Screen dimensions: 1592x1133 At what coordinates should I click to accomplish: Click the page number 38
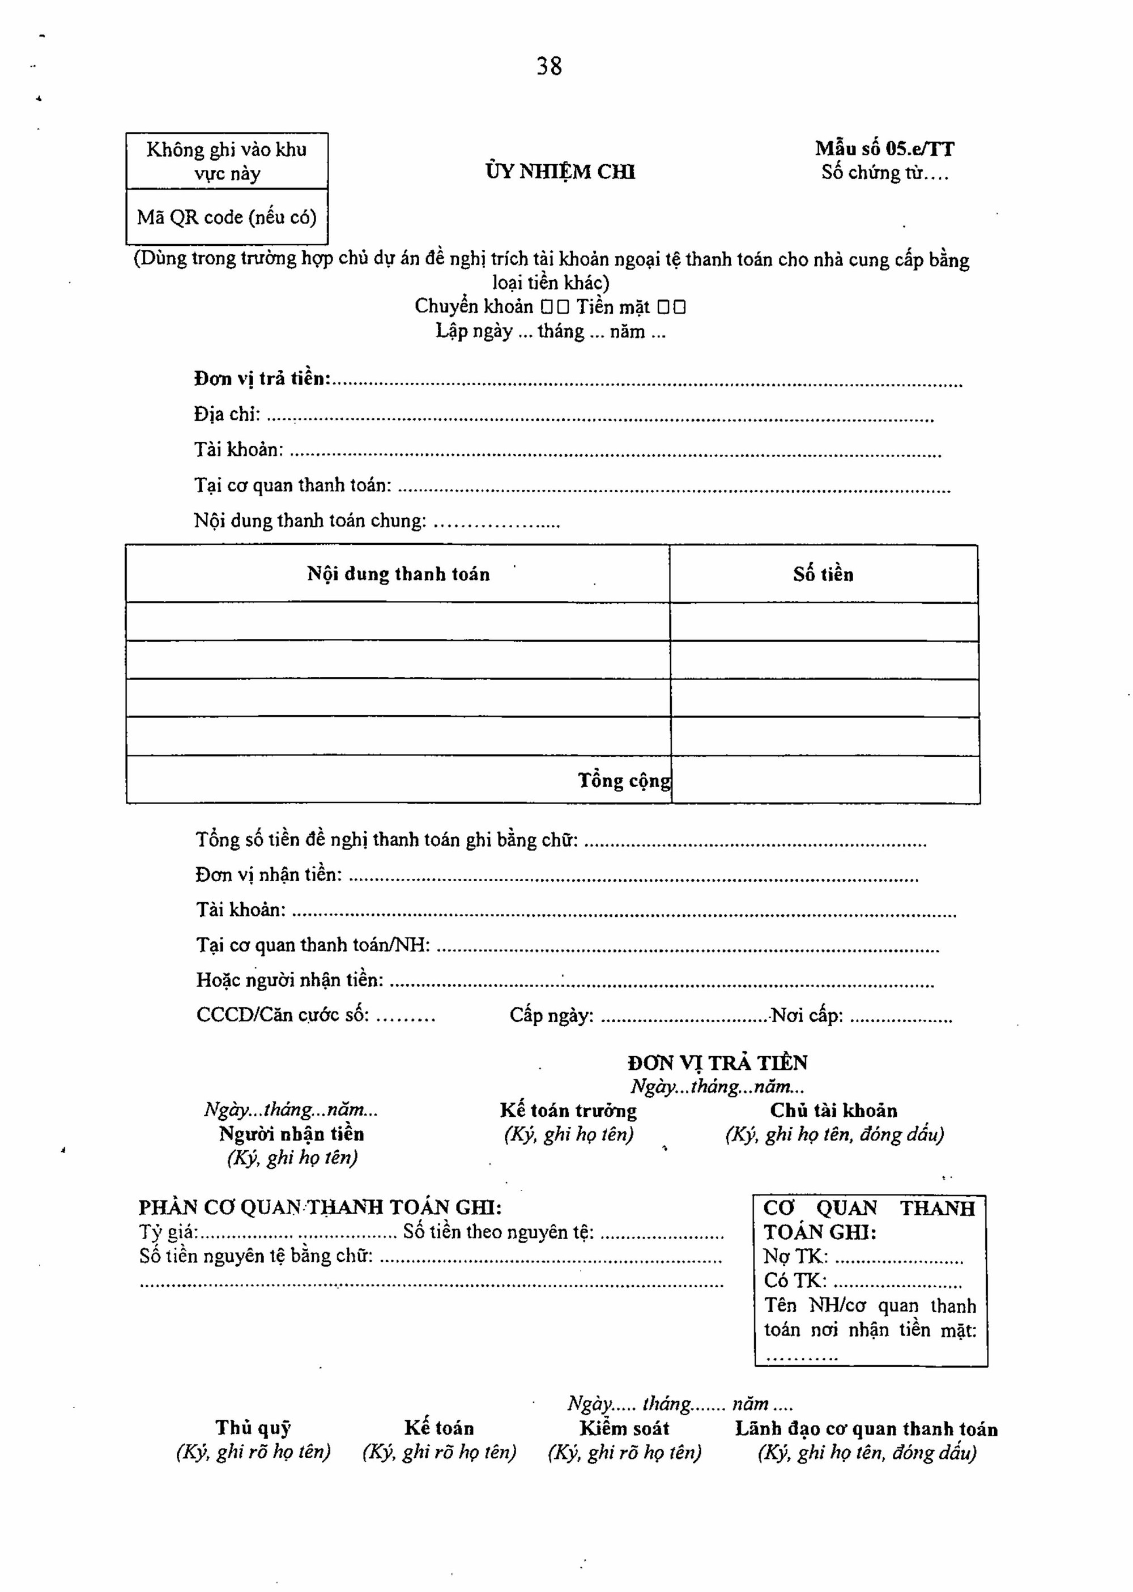[x=549, y=66]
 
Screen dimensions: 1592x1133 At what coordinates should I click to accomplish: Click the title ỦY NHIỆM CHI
[x=560, y=172]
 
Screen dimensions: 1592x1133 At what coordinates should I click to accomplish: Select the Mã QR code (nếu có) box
[x=227, y=217]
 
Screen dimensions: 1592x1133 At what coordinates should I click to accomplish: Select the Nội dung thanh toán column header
[x=398, y=574]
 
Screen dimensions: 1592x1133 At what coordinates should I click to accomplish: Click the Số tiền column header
[x=823, y=574]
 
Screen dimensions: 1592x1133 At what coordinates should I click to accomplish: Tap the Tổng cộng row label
[x=624, y=780]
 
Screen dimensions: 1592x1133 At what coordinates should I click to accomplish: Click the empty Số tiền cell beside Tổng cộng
[x=825, y=780]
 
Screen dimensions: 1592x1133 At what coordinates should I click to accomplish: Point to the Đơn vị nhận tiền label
[x=269, y=874]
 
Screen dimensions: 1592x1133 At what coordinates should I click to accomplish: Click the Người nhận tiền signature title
[x=292, y=1133]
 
